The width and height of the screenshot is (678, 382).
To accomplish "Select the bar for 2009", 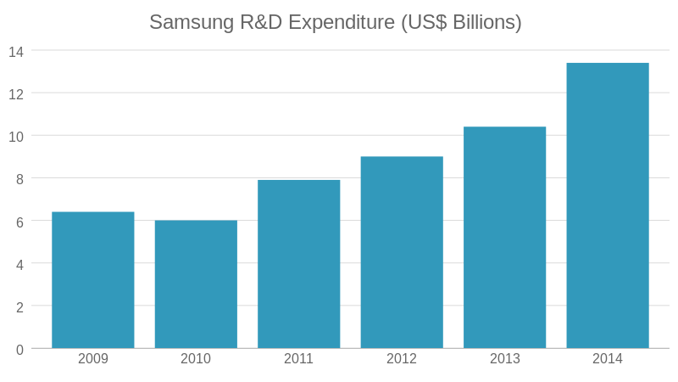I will (x=93, y=280).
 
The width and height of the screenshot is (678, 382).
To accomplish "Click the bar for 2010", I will (x=196, y=284).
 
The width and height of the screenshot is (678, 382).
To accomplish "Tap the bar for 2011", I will (x=299, y=264).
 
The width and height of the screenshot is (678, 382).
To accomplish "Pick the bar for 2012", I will (x=402, y=252).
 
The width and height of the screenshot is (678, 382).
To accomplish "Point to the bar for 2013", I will (x=504, y=238).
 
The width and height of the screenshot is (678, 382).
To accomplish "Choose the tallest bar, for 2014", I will (x=608, y=205).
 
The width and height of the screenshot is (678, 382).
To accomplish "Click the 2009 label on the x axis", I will (x=93, y=358).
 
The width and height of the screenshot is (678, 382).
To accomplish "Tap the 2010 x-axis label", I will (x=196, y=358).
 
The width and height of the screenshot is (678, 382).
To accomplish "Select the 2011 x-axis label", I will (x=299, y=358).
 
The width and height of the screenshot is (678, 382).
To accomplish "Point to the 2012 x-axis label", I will (x=402, y=358).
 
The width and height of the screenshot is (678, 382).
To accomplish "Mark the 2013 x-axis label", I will (x=504, y=358).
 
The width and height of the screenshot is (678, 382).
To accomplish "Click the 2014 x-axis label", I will (x=608, y=358).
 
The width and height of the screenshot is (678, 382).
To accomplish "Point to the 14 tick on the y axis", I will (x=16, y=51).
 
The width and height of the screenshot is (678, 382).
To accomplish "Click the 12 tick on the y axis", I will (x=16, y=93).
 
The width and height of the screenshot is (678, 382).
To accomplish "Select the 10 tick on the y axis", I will (x=16, y=136).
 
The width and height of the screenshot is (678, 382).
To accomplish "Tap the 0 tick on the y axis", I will (x=19, y=349).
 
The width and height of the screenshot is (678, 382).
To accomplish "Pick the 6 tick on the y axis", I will (x=19, y=221).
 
